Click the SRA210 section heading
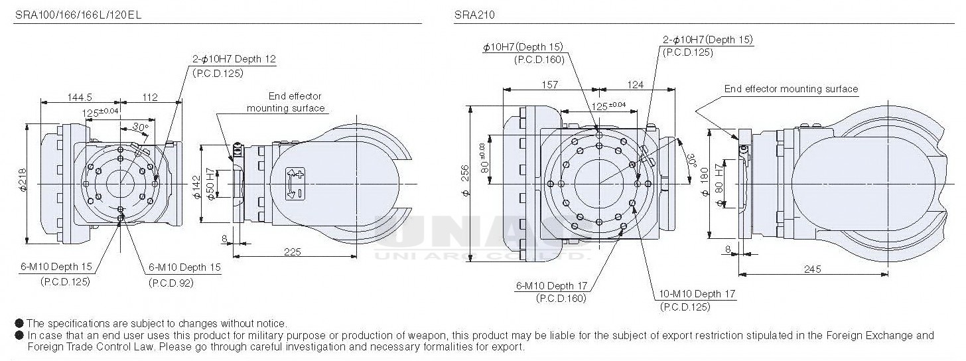click(474, 14)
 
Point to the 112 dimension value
click(150, 97)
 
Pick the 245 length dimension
click(813, 269)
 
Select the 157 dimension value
click(550, 84)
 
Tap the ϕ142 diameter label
click(196, 188)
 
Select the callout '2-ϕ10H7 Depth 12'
click(234, 59)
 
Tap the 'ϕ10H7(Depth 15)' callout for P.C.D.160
click(523, 46)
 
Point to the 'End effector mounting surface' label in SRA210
click(791, 89)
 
